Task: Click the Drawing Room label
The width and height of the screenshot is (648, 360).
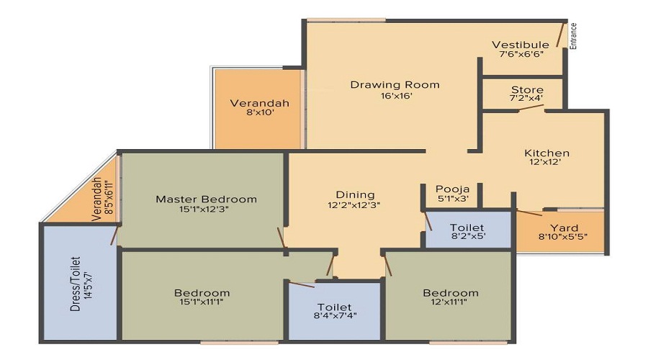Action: [x=395, y=85]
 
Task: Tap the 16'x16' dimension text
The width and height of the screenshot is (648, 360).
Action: [x=396, y=96]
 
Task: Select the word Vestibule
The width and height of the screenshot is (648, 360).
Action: [x=521, y=45]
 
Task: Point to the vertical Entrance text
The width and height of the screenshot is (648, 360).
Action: [x=573, y=36]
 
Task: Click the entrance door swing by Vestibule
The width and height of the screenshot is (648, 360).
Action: [x=560, y=35]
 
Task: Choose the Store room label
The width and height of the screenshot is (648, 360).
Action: [x=527, y=90]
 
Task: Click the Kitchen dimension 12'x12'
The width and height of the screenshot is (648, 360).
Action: [x=545, y=162]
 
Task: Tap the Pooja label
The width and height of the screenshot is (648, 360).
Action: [x=453, y=189]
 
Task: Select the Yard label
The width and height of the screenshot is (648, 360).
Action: [x=564, y=228]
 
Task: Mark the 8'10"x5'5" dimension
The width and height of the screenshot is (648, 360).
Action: [x=563, y=237]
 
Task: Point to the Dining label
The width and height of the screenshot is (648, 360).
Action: [x=356, y=194]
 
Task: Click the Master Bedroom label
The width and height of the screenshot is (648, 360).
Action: [x=206, y=199]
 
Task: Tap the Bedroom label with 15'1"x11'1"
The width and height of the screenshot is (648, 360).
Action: [x=202, y=293]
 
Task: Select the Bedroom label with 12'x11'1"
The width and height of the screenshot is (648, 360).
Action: [x=451, y=293]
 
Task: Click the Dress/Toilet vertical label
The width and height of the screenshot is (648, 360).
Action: [x=75, y=284]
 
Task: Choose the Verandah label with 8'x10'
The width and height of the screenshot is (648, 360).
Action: [x=259, y=103]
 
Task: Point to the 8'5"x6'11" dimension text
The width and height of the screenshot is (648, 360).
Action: [x=108, y=197]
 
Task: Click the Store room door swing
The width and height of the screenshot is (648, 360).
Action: [x=531, y=107]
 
